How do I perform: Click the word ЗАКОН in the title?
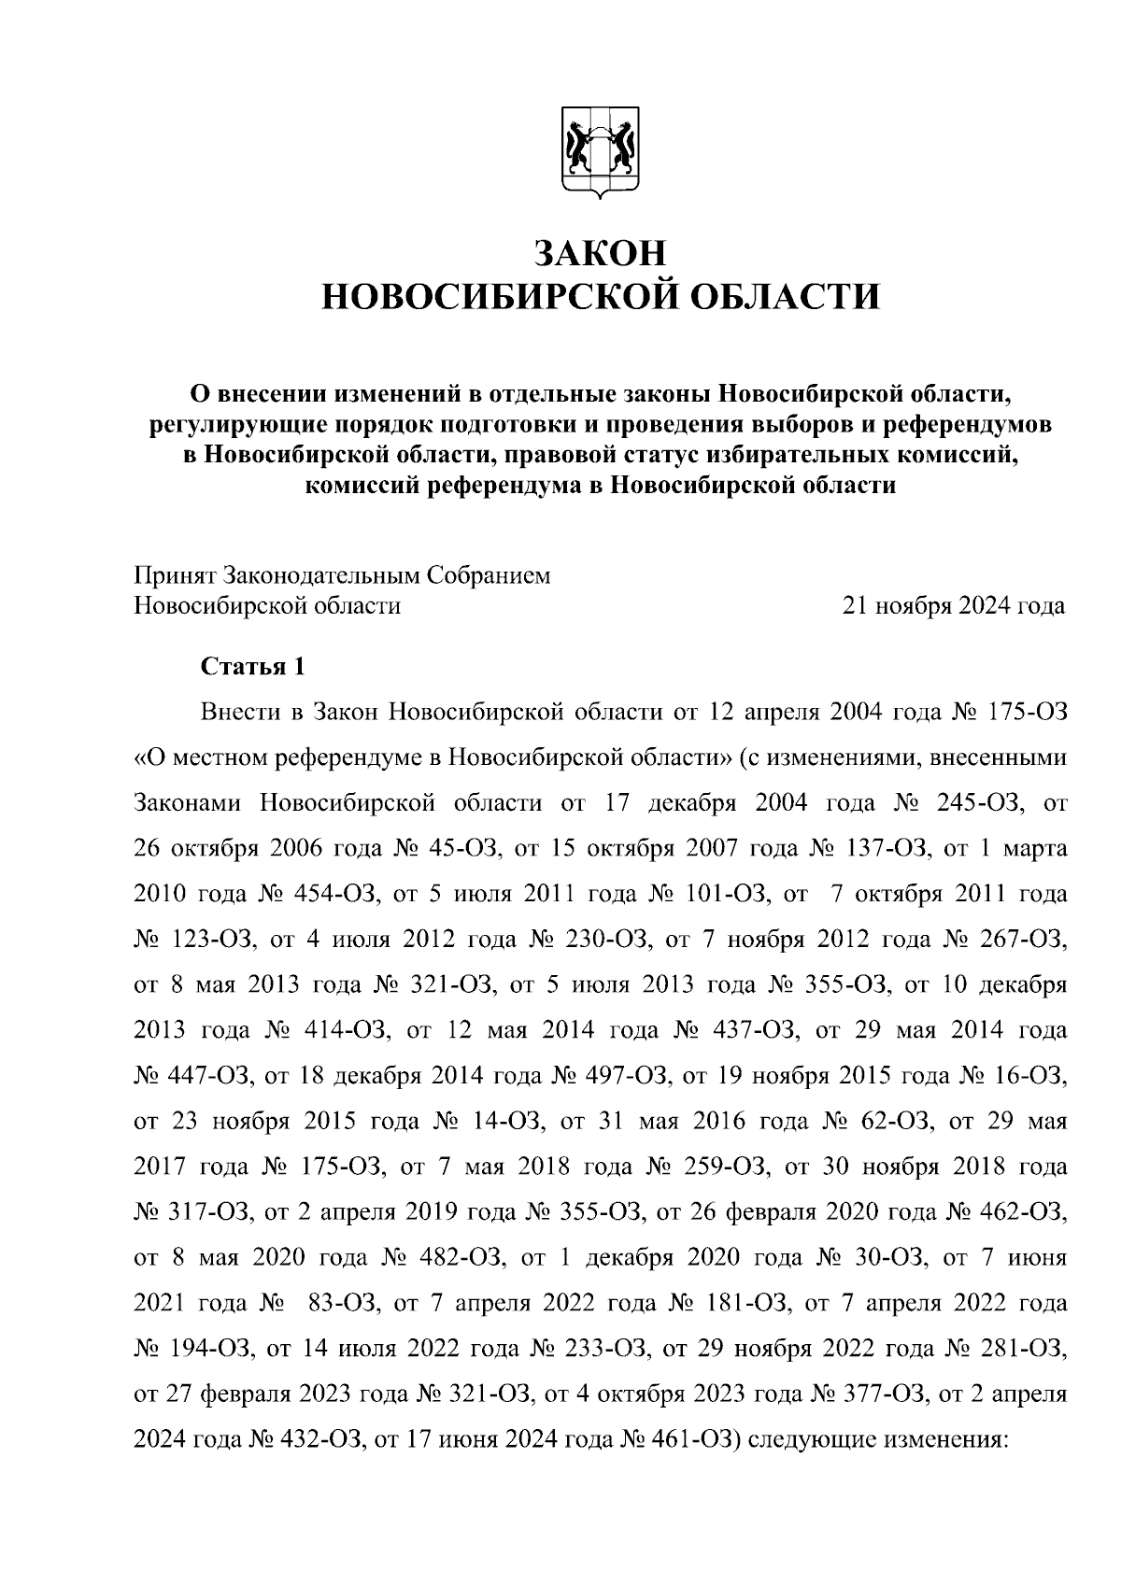click(x=601, y=254)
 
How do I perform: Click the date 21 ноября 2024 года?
click(x=954, y=605)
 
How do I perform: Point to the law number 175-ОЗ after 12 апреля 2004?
click(x=1024, y=713)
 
